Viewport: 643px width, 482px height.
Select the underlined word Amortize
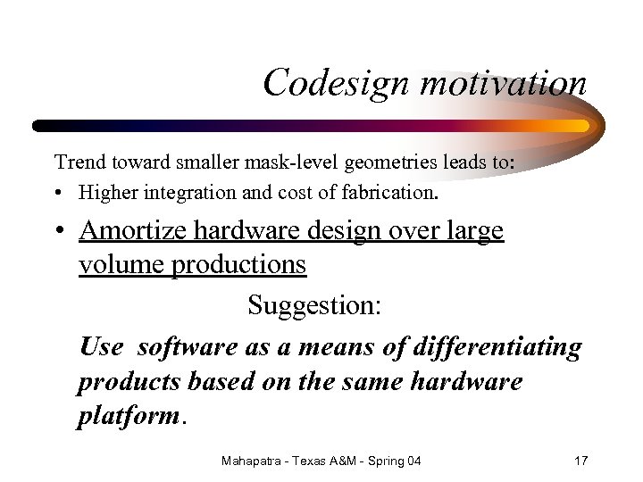point(133,230)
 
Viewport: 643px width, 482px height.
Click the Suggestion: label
point(314,305)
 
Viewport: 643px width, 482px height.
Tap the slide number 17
point(580,461)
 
